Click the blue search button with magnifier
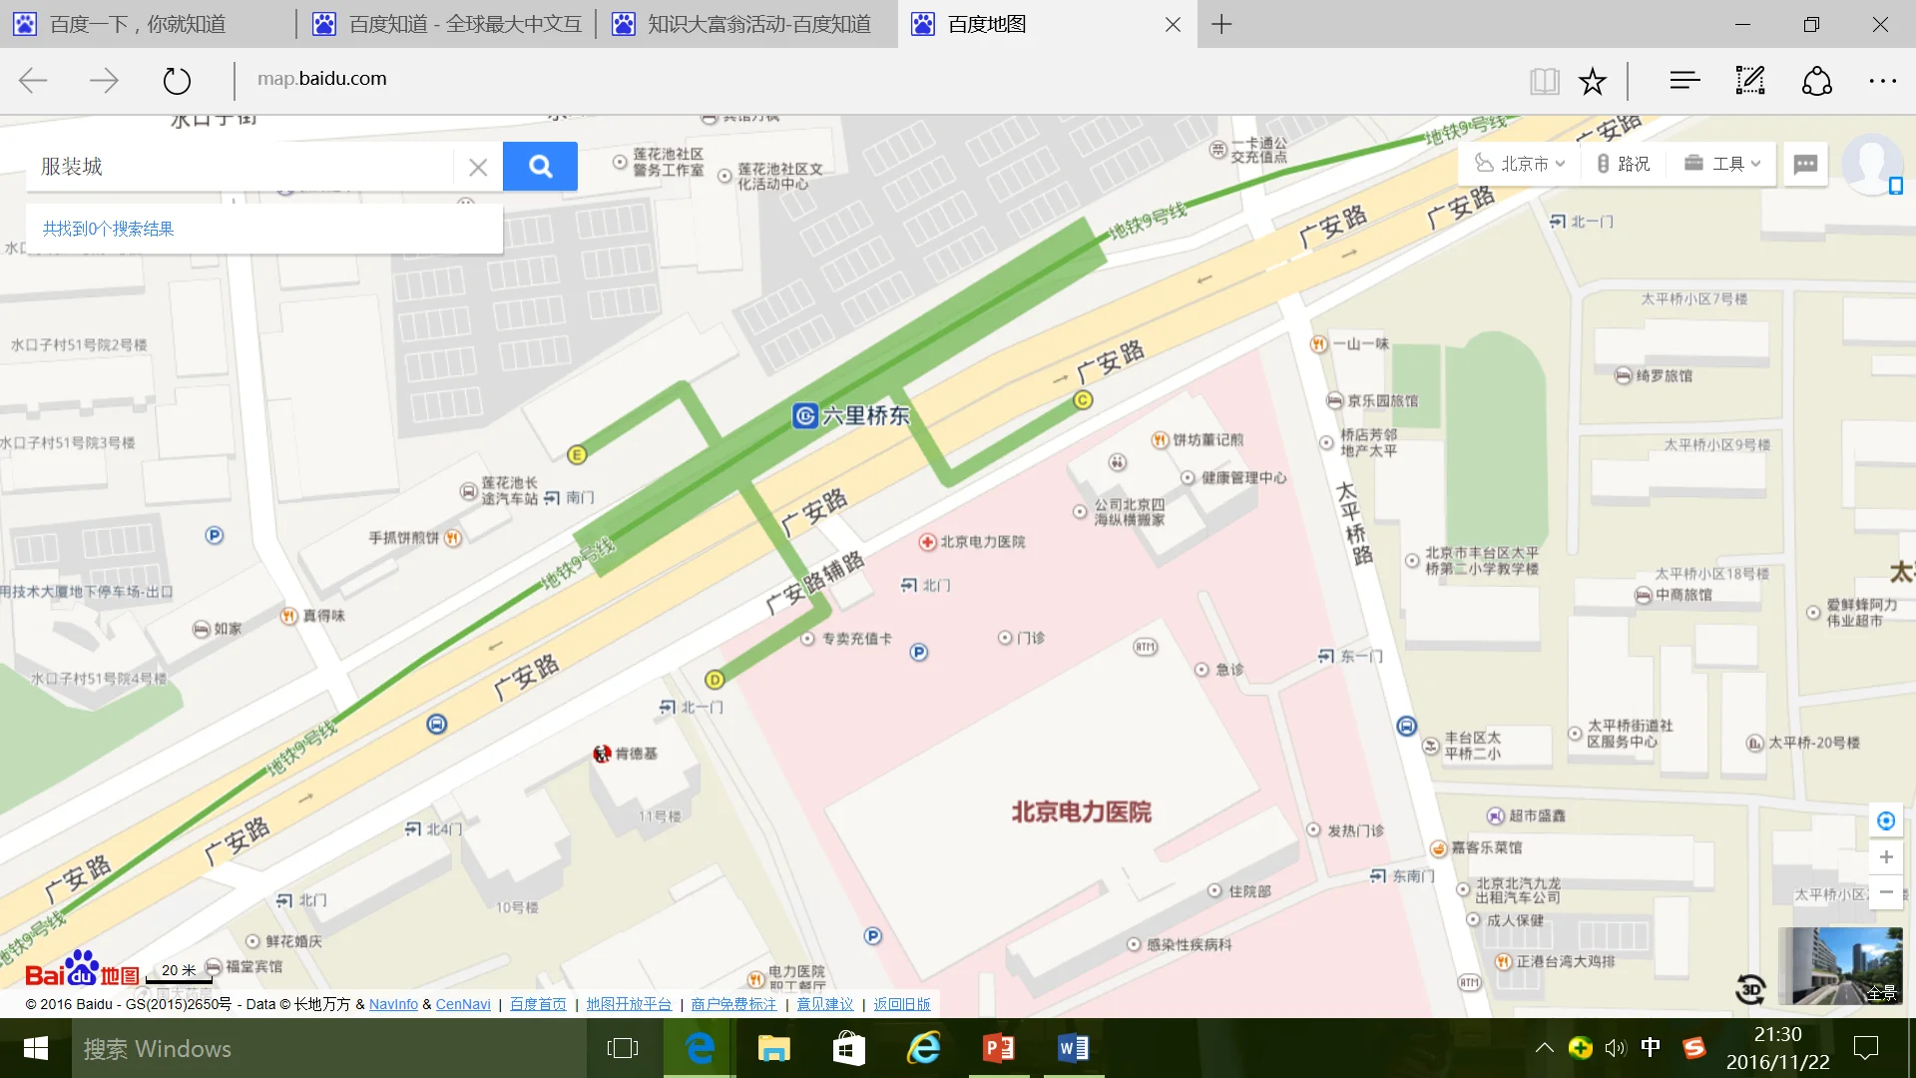tap(540, 166)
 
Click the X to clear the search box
tap(478, 167)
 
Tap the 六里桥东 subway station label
tap(853, 415)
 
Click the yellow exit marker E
tap(577, 455)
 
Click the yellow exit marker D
tap(715, 680)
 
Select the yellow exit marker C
tap(1083, 400)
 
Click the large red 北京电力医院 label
tap(1081, 811)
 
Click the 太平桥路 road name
tap(1353, 523)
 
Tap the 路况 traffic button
tap(1624, 164)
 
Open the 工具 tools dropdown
tap(1723, 164)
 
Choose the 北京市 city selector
tap(1521, 164)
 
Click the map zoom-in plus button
tap(1886, 857)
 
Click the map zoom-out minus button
tap(1886, 892)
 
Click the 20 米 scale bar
tap(180, 972)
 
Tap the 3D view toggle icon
tap(1750, 989)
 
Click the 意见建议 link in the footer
tap(824, 1004)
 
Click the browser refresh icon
tap(177, 80)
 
